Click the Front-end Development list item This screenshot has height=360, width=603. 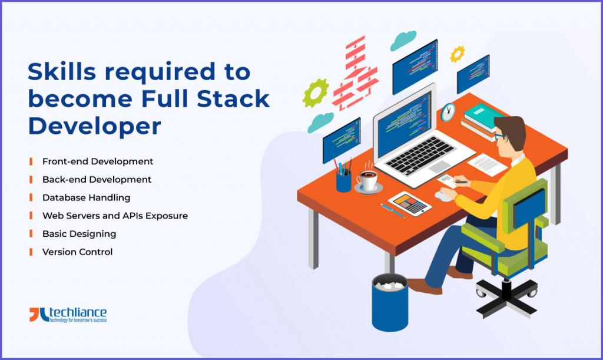pos(98,161)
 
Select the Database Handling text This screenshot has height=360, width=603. pos(86,198)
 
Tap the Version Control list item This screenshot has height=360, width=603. pos(77,252)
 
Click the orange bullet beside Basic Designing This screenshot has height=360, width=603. pos(31,234)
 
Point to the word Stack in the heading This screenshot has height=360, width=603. pos(233,99)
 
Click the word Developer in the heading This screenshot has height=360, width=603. pos(95,125)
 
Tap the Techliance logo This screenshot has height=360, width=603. pos(68,315)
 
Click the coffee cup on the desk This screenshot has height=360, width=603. pos(368,180)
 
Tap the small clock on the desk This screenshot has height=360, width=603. pos(448,112)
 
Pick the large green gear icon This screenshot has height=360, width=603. pos(316,93)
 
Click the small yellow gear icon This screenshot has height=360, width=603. pos(457,54)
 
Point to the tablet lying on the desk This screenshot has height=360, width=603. pos(410,203)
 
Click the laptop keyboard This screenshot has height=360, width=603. pos(420,154)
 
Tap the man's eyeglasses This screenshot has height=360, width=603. pos(500,136)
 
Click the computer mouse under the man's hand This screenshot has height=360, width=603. pos(443,196)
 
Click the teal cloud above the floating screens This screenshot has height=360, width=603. pos(403,41)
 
